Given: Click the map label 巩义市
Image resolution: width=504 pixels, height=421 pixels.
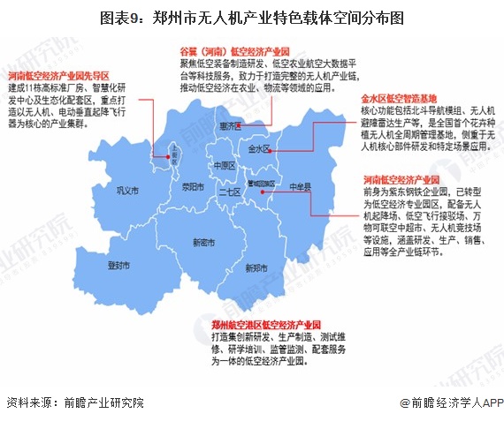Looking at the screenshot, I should [118, 188].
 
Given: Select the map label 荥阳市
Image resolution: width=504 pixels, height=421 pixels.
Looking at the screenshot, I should [181, 187].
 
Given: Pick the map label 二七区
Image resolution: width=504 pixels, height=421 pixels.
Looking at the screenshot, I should [230, 192].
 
